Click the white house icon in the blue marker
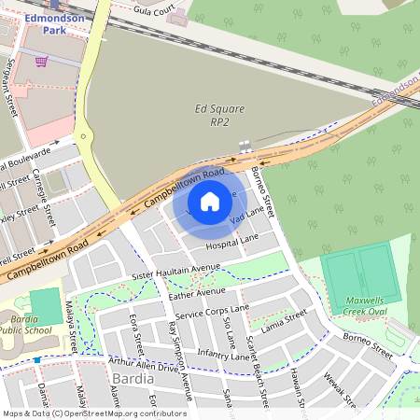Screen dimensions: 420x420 [x=210, y=202]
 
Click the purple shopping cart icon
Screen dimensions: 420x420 [x=41, y=62]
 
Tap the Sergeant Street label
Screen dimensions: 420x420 [x=13, y=98]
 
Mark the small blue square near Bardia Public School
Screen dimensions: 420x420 [x=37, y=359]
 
